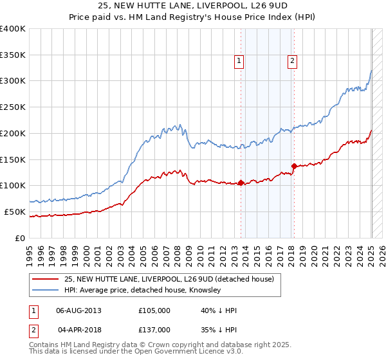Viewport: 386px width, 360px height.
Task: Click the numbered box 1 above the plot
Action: (239, 61)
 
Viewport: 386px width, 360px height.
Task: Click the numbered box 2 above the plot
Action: (292, 61)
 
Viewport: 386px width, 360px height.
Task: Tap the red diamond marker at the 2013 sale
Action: (241, 183)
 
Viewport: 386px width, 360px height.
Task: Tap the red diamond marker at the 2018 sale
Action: (294, 166)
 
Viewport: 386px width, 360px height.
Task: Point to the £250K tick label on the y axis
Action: (13, 107)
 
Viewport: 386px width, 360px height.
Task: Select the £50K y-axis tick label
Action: (15, 212)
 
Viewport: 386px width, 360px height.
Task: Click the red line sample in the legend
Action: (45, 279)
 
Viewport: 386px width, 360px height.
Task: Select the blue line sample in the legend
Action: (45, 290)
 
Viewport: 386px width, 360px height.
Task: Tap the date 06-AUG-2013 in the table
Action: (78, 310)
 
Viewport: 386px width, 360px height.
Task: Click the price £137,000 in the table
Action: (154, 330)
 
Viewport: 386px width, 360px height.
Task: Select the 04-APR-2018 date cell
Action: (78, 330)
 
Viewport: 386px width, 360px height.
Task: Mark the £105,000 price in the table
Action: (154, 310)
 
